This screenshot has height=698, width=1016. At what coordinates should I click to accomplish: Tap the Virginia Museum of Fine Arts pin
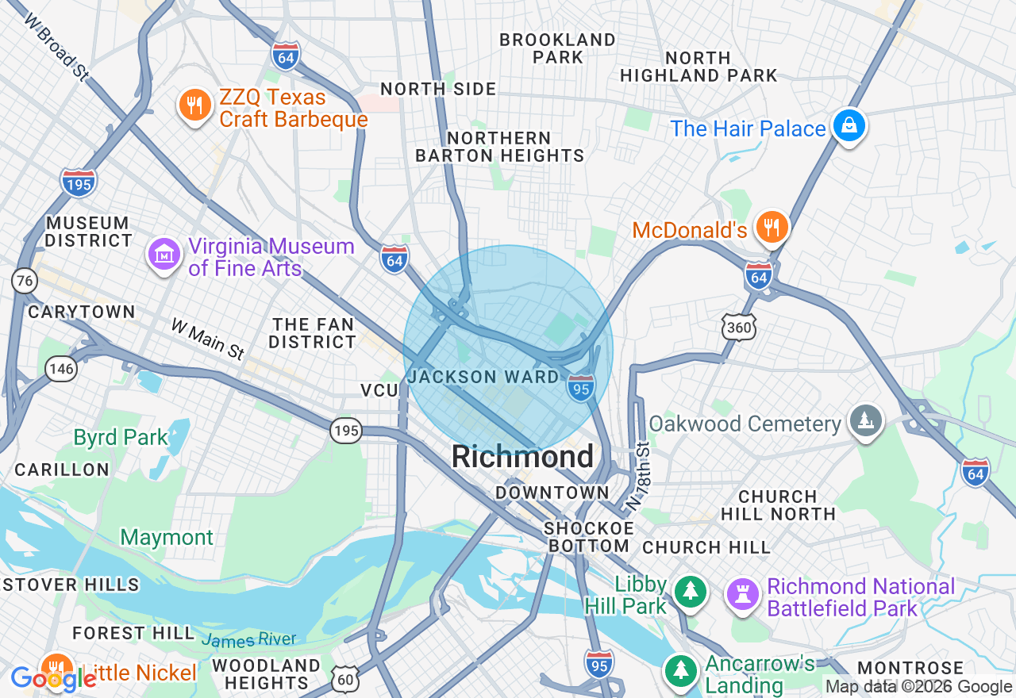pyautogui.click(x=164, y=255)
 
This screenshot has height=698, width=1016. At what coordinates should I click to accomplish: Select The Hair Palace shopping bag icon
pyautogui.click(x=848, y=126)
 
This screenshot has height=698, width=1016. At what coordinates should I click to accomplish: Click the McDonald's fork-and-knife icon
pyautogui.click(x=770, y=228)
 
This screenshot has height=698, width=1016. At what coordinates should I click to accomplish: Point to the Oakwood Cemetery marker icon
pyautogui.click(x=865, y=420)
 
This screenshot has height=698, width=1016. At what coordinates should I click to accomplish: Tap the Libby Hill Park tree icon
pyautogui.click(x=690, y=592)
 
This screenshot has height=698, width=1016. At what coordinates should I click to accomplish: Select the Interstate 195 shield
pyautogui.click(x=78, y=182)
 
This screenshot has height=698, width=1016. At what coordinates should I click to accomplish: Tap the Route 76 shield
pyautogui.click(x=25, y=279)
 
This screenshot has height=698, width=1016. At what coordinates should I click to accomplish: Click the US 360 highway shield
pyautogui.click(x=738, y=326)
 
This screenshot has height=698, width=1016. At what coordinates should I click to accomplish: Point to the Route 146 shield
pyautogui.click(x=61, y=368)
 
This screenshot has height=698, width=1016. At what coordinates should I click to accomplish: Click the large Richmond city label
pyautogui.click(x=522, y=457)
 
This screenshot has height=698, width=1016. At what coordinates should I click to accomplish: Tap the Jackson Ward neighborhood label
pyautogui.click(x=483, y=377)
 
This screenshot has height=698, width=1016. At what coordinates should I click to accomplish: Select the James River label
pyautogui.click(x=248, y=639)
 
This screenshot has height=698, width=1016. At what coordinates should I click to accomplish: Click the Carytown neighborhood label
pyautogui.click(x=81, y=312)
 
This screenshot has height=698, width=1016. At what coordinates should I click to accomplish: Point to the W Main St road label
pyautogui.click(x=208, y=339)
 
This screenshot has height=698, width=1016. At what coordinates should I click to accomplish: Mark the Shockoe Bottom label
pyautogui.click(x=589, y=537)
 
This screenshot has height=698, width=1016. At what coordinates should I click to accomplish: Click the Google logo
pyautogui.click(x=52, y=679)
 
